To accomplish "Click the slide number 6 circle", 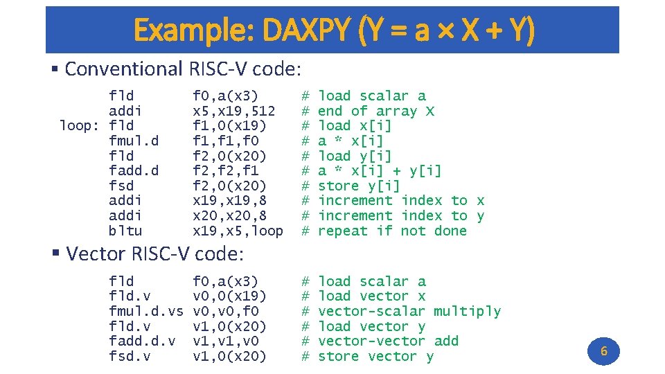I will pos(603,351).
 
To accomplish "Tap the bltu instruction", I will pos(125,231).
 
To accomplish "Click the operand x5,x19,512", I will pos(233,111).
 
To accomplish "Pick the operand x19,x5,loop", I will pos(238,231).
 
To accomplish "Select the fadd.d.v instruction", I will pos(142,341).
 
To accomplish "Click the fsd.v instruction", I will pos(130,356).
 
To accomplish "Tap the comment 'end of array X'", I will pos(376,111).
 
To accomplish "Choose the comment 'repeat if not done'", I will pos(392,231).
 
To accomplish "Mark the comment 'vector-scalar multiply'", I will pos(409,311).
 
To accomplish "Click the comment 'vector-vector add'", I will pos(388,341).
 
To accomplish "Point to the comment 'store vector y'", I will pos(375,356).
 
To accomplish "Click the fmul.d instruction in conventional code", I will pos(134,141).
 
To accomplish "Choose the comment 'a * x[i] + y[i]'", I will pos(380,170).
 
